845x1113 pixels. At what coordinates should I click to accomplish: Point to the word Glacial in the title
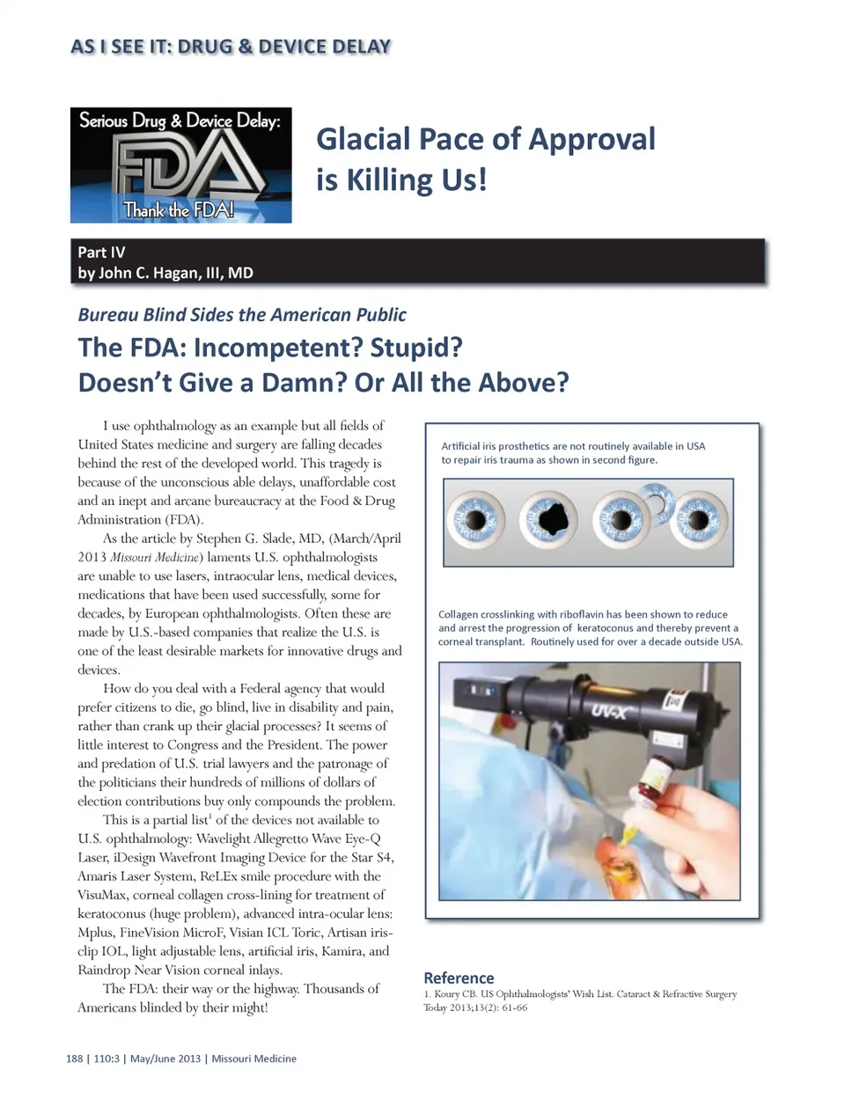[364, 139]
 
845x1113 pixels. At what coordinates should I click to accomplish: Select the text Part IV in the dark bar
[101, 252]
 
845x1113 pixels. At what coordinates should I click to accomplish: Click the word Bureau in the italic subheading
[108, 315]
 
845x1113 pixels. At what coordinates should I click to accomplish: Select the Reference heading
[459, 978]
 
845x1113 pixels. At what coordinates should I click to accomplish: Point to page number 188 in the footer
[75, 1058]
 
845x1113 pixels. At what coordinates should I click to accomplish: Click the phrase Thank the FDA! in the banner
[179, 209]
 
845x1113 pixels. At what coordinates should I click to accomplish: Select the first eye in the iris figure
[475, 519]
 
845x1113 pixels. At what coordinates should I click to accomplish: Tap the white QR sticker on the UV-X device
[676, 701]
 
